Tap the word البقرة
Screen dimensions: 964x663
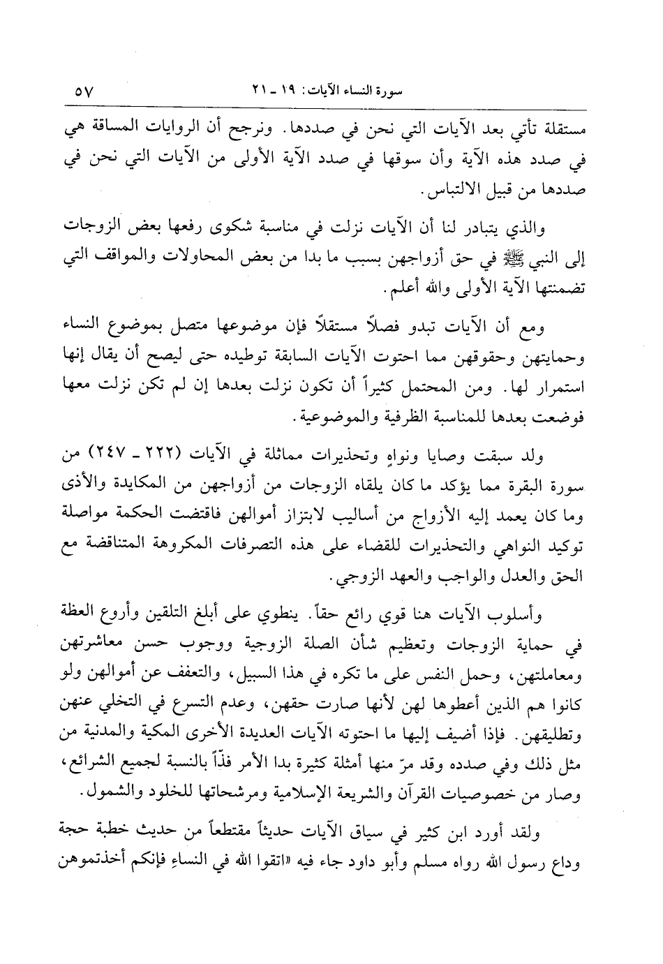[x=524, y=487]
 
